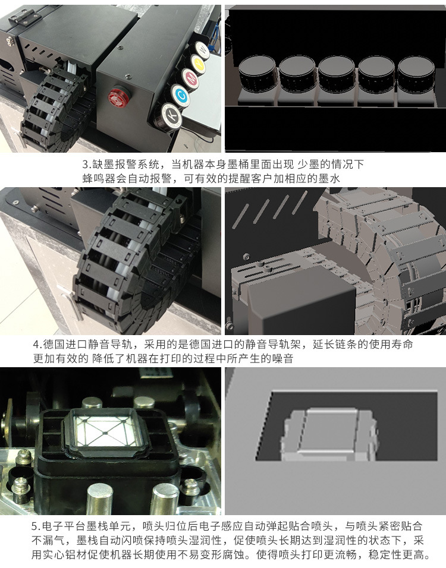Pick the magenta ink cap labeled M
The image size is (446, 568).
pyautogui.click(x=190, y=77)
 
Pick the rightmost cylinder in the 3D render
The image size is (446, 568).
pyautogui.click(x=414, y=75)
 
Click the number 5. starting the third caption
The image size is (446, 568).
pyautogui.click(x=36, y=527)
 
